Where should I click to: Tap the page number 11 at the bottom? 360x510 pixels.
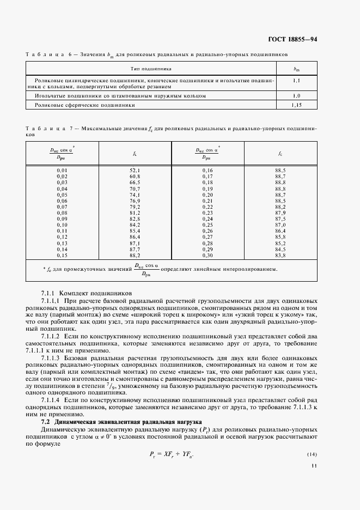click(x=314, y=465)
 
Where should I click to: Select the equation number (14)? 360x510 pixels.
click(x=312, y=454)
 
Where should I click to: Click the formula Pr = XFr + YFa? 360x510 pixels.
click(x=172, y=454)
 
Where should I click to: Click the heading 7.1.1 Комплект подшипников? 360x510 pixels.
click(x=87, y=293)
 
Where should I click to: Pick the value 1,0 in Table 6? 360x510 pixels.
click(x=297, y=95)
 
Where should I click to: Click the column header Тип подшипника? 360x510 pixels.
click(x=151, y=69)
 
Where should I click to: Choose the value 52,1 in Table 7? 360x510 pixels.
click(x=135, y=171)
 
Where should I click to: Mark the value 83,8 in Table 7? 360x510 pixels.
click(x=280, y=255)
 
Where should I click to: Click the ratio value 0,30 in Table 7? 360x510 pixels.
click(x=207, y=255)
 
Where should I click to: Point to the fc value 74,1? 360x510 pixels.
click(x=135, y=195)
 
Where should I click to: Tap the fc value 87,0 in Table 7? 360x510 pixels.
click(x=280, y=224)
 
